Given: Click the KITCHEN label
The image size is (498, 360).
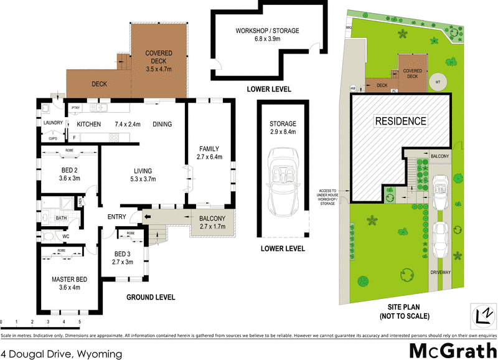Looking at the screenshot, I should tap(88, 124).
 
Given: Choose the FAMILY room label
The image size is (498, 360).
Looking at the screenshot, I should tap(209, 148).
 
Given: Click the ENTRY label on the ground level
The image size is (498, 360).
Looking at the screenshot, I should tap(116, 217).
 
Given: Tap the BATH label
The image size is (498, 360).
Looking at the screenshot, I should tap(61, 218).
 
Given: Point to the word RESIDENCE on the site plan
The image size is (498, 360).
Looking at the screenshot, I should tap(400, 121).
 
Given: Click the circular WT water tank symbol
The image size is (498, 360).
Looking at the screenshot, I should tap(439, 82).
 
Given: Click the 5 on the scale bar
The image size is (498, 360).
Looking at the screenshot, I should tap(80, 322).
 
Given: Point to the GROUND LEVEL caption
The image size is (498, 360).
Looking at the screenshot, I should tap(151, 297).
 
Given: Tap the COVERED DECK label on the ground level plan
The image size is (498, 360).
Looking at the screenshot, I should tap(159, 57).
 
